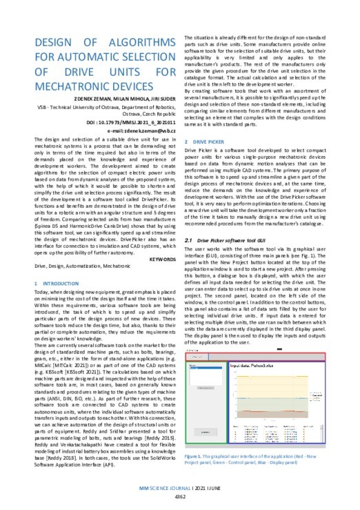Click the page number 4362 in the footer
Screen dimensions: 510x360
(x=179, y=497)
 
